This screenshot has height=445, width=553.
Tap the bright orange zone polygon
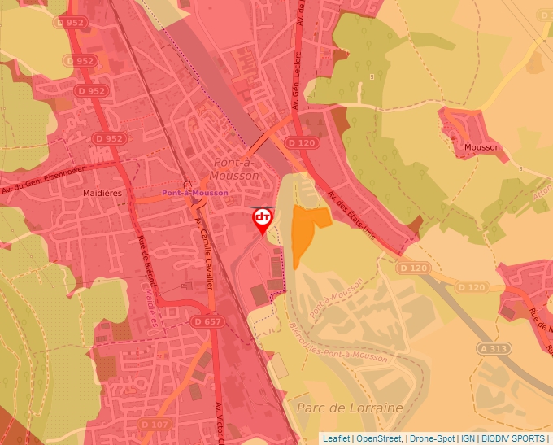point(306,228)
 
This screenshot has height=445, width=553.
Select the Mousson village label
point(481,147)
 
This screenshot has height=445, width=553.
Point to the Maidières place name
point(102,194)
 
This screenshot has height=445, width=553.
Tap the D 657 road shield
point(207,322)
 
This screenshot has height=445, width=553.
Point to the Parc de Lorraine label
point(350,407)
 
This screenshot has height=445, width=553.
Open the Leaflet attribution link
point(336,438)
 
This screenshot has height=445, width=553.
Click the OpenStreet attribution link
point(379,438)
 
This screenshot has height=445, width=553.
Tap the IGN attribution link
point(468,438)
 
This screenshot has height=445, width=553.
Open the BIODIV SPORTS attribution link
point(512,438)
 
